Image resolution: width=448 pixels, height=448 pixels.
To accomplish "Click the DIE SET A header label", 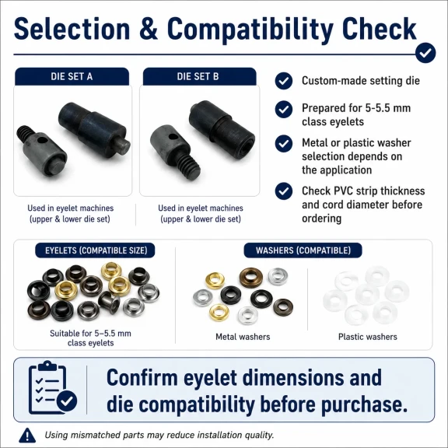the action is click(x=72, y=76).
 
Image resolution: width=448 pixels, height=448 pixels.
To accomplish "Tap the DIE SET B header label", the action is click(x=198, y=76).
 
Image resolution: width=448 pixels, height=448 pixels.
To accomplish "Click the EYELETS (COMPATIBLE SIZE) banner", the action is click(x=95, y=250).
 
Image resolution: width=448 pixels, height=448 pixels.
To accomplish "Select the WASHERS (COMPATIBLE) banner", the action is click(x=303, y=250).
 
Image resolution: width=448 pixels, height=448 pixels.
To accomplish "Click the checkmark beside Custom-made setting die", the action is click(x=284, y=81).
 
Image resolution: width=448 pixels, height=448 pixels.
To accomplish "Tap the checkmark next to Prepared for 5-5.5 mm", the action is click(x=284, y=109).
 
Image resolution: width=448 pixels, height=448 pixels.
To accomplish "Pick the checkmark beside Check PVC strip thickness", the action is click(x=284, y=191).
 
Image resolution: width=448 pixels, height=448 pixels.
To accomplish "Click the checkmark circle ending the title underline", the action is click(x=425, y=53).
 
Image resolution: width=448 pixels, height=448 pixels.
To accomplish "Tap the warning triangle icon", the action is click(x=27, y=435).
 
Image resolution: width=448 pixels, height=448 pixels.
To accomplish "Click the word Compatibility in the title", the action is click(x=250, y=30).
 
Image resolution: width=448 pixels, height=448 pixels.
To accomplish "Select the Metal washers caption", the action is click(x=243, y=337).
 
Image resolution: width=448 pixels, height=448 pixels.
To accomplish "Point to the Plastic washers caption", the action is click(x=368, y=337).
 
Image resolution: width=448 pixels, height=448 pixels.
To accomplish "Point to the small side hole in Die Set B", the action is click(x=171, y=137).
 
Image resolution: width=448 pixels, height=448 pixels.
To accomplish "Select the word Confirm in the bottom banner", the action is click(x=142, y=378).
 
